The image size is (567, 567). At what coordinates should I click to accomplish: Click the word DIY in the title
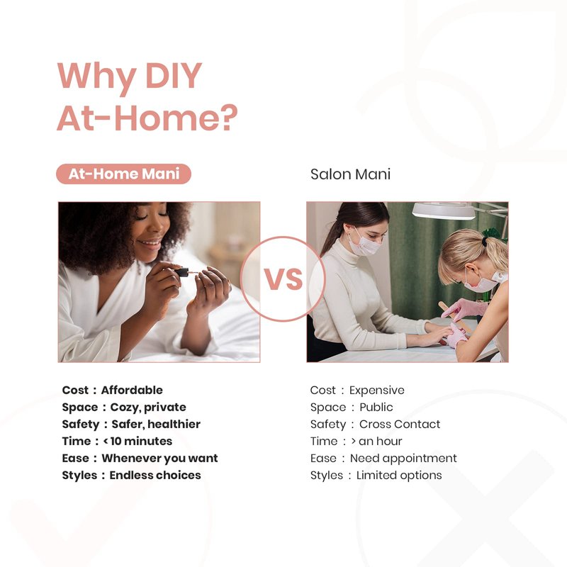(x=174, y=75)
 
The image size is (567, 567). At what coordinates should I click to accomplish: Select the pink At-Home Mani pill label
(x=123, y=174)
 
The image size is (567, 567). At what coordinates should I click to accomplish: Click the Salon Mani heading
(x=350, y=174)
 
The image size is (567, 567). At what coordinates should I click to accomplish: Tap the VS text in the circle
(x=283, y=279)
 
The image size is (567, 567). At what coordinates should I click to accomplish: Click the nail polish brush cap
(x=182, y=271)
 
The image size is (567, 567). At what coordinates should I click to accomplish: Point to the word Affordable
(x=132, y=391)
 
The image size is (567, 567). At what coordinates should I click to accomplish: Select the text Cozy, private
(x=148, y=408)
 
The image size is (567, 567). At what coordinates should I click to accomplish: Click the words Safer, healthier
(x=156, y=424)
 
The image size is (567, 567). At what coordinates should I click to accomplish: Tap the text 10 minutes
(x=141, y=441)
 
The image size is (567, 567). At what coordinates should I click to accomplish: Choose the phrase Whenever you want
(x=160, y=458)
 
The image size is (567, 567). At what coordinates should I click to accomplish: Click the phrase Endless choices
(x=155, y=475)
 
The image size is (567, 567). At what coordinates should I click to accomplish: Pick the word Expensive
(x=377, y=391)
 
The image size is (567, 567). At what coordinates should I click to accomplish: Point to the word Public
(x=376, y=407)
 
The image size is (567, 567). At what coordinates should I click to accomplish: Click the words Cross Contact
(x=400, y=424)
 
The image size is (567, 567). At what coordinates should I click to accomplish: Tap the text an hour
(x=381, y=441)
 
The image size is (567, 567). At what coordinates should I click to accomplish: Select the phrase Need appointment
(x=403, y=459)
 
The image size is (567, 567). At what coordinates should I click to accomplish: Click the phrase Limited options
(x=399, y=475)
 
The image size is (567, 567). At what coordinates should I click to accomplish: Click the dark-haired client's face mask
(x=365, y=242)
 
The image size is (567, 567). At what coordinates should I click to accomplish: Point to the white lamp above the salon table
(x=444, y=210)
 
